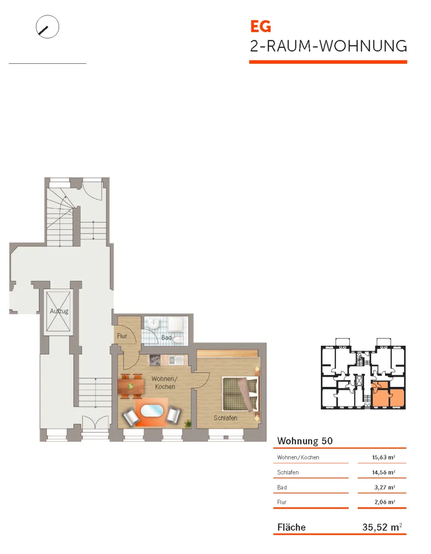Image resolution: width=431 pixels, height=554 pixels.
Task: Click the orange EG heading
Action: click(x=261, y=26)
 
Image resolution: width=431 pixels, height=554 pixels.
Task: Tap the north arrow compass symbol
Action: click(x=47, y=27)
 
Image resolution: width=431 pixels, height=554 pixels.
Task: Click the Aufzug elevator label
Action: click(x=59, y=311)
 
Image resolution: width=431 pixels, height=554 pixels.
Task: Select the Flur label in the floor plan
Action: click(x=122, y=336)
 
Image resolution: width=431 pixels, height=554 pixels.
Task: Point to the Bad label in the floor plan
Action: click(x=166, y=338)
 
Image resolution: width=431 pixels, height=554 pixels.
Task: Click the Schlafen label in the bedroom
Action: click(x=226, y=418)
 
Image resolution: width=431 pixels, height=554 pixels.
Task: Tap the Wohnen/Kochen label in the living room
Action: click(x=165, y=383)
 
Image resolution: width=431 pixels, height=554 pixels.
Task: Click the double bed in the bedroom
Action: click(x=240, y=394)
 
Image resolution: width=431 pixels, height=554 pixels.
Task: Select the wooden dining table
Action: click(x=132, y=386)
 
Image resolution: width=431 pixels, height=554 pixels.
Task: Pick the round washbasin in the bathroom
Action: click(x=153, y=323)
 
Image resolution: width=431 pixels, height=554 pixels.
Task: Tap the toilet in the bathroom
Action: click(x=179, y=340)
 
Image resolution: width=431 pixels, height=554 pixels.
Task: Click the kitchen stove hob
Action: click(x=154, y=360)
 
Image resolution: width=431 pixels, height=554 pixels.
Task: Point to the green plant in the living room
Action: click(x=188, y=423)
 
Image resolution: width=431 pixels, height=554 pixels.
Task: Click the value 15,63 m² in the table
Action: click(x=383, y=457)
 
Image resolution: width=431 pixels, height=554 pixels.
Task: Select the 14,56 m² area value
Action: click(x=383, y=472)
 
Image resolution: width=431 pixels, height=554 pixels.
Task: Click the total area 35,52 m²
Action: click(x=382, y=527)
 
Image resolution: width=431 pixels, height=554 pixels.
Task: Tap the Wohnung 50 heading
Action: click(x=305, y=441)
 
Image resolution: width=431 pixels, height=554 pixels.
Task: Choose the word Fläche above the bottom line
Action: click(x=292, y=527)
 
